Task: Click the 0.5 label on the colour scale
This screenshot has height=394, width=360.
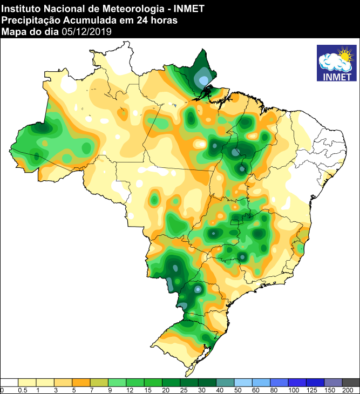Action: coord(23,390)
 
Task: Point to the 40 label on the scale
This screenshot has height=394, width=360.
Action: coord(220,390)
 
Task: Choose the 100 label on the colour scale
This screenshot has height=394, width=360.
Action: coord(293,390)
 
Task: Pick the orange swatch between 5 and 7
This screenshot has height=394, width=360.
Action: coord(81,382)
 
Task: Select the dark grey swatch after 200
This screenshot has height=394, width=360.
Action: coord(351,382)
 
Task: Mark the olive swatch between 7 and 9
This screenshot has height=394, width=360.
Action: coord(99,382)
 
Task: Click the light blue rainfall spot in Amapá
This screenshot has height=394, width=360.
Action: coord(203,80)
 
